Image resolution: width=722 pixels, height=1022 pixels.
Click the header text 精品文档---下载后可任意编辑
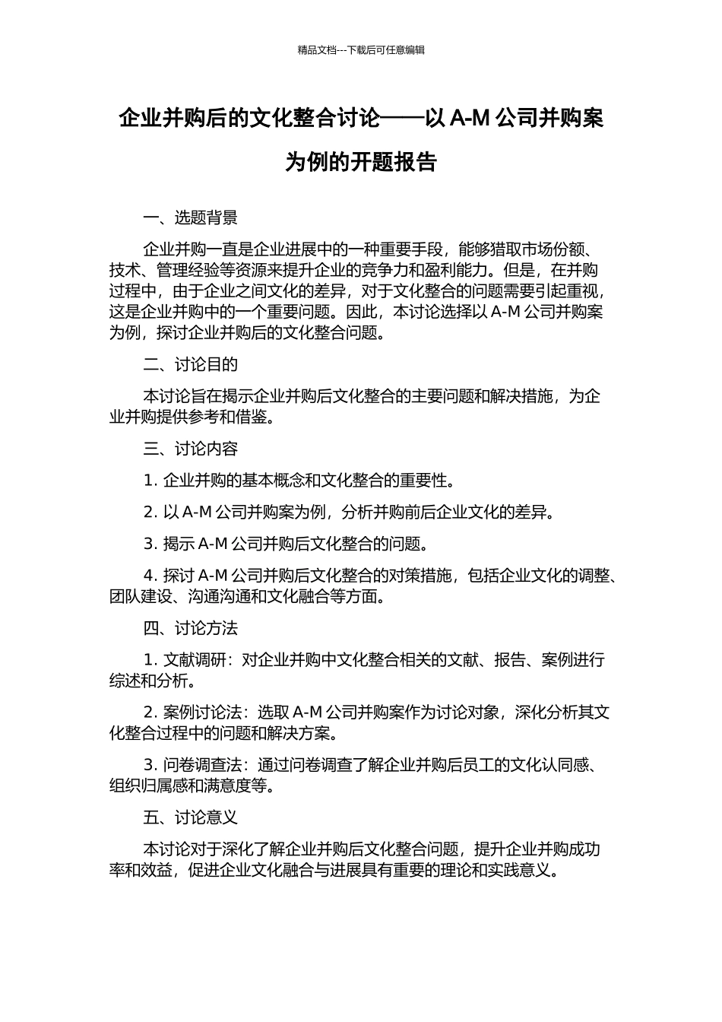point(361,50)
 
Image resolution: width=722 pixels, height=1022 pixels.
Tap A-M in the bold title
point(470,119)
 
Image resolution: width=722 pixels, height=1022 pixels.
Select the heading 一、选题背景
point(190,218)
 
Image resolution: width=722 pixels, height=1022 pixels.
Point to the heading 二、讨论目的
point(190,364)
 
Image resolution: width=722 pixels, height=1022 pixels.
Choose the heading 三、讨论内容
point(190,449)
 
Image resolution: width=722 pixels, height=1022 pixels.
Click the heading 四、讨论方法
point(190,628)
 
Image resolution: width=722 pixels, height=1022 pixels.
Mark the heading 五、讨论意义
point(190,817)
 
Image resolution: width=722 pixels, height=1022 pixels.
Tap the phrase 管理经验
point(179,270)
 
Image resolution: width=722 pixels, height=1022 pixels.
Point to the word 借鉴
point(252,417)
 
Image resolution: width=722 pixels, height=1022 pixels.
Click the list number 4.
point(149,576)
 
